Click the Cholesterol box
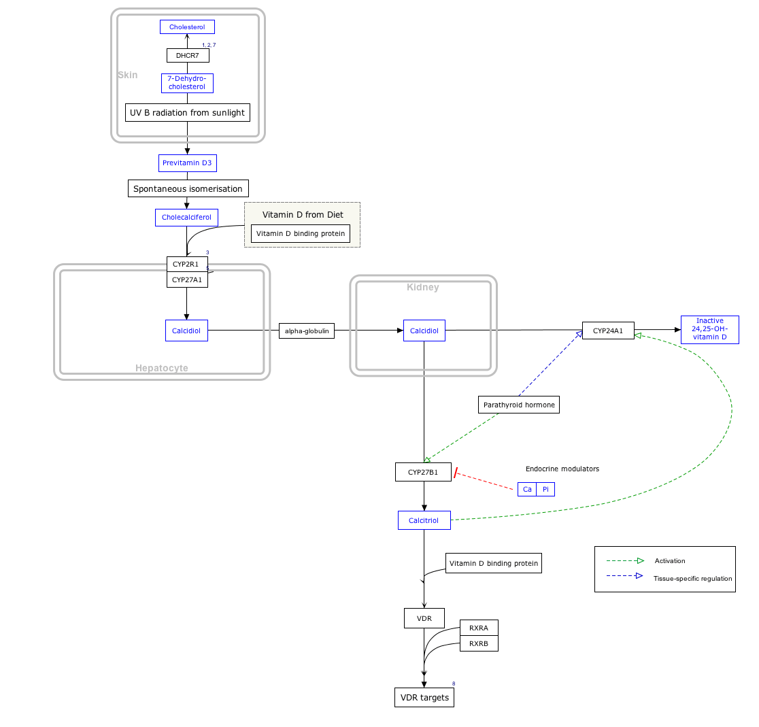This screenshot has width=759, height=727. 187,27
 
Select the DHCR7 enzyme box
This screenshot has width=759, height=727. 187,55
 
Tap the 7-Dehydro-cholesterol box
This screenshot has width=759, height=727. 187,83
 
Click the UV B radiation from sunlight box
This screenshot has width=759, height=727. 187,112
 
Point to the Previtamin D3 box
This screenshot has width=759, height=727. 187,163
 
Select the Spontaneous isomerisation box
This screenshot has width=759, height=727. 188,188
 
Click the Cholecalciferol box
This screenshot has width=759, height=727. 186,218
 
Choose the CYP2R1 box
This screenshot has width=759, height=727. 187,264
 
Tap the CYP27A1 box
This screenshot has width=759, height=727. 187,280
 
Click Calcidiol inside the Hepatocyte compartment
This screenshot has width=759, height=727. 186,331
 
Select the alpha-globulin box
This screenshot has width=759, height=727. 307,331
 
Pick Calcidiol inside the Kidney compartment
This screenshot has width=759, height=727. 424,331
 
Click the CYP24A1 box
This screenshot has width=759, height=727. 607,331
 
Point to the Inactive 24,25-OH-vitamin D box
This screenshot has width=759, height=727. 709,329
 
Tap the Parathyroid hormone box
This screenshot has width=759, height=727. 519,405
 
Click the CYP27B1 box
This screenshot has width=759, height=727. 423,472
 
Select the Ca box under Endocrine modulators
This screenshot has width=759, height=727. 527,489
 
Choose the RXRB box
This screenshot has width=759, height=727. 479,643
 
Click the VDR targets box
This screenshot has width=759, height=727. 424,698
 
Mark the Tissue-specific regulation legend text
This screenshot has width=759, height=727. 692,579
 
